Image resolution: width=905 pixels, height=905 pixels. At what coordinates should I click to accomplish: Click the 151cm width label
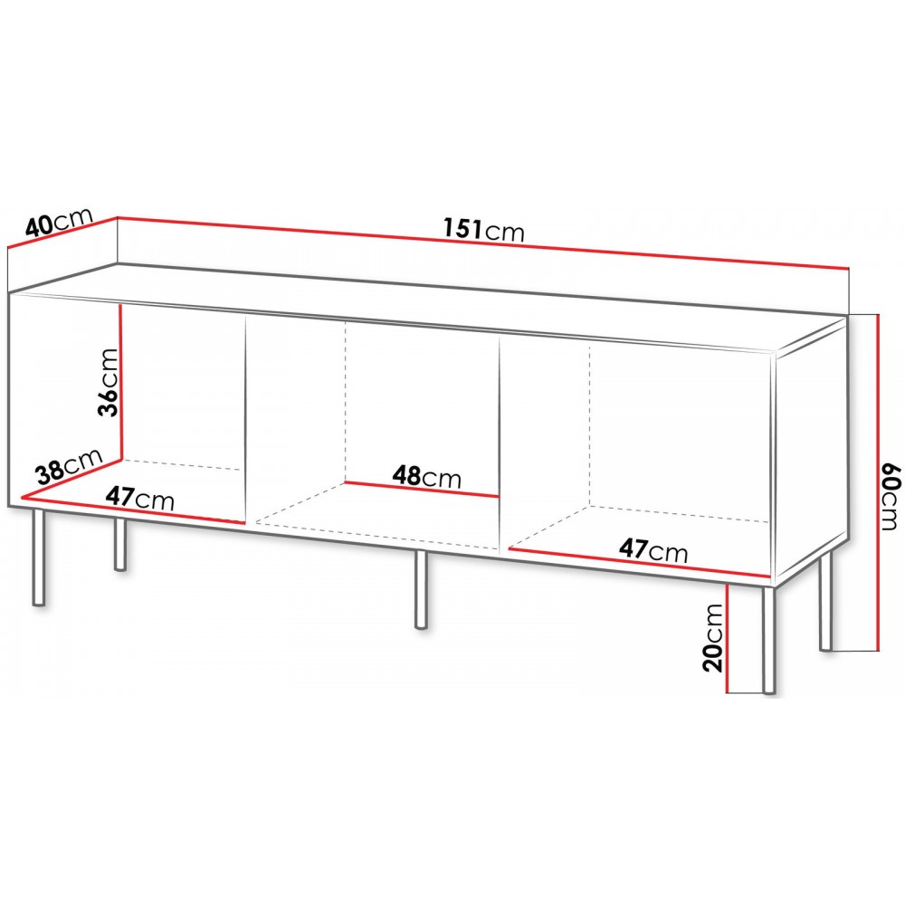483,229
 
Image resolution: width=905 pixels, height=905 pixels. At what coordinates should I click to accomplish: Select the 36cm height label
108,382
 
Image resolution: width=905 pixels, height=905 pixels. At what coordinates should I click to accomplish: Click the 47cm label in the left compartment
139,497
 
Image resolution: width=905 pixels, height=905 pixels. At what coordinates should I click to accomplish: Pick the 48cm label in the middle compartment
427,477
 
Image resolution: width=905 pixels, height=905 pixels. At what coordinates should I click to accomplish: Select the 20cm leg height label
713,638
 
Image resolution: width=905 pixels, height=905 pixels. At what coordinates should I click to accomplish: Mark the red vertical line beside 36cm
121,382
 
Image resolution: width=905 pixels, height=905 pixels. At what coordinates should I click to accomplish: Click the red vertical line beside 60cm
877,482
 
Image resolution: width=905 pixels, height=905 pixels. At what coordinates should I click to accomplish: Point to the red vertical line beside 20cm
728,638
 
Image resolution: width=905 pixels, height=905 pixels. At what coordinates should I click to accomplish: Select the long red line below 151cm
483,243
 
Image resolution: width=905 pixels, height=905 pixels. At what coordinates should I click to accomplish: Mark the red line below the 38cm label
71,479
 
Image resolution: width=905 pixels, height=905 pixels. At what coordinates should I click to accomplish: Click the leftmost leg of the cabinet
38,557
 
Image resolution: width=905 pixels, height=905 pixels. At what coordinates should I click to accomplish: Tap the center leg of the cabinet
422,589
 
